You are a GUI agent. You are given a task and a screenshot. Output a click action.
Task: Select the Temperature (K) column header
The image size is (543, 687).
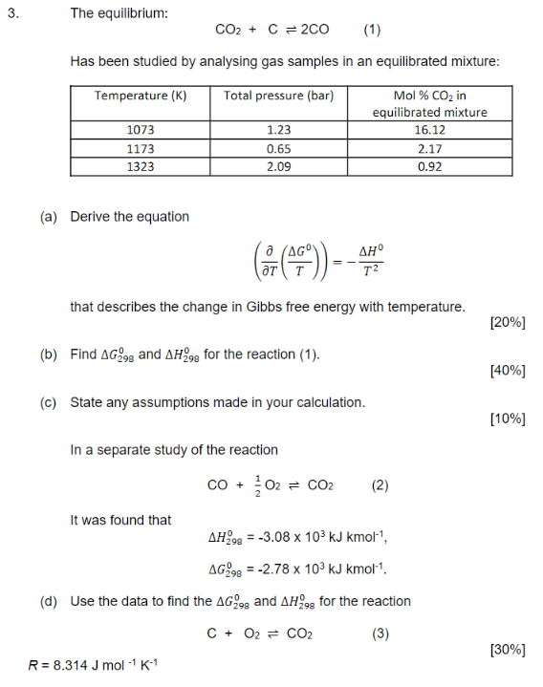click(x=141, y=96)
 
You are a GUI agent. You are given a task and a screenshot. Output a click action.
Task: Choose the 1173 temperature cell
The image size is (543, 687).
click(x=141, y=149)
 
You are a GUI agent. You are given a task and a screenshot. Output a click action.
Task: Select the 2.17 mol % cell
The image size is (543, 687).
click(x=429, y=149)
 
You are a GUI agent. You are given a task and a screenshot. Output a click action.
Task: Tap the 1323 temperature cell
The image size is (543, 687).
click(x=141, y=166)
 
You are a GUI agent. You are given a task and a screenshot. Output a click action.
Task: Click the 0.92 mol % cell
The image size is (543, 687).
click(x=429, y=166)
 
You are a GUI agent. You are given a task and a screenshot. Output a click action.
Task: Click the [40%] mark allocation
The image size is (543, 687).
click(x=507, y=370)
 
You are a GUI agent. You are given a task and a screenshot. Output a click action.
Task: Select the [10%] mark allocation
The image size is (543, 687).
click(x=507, y=419)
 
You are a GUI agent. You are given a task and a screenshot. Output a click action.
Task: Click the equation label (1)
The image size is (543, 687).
click(x=372, y=30)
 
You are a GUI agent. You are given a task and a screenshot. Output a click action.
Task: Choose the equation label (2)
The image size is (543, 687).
click(x=380, y=485)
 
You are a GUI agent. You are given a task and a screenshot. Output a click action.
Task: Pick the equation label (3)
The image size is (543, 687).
click(x=380, y=633)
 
